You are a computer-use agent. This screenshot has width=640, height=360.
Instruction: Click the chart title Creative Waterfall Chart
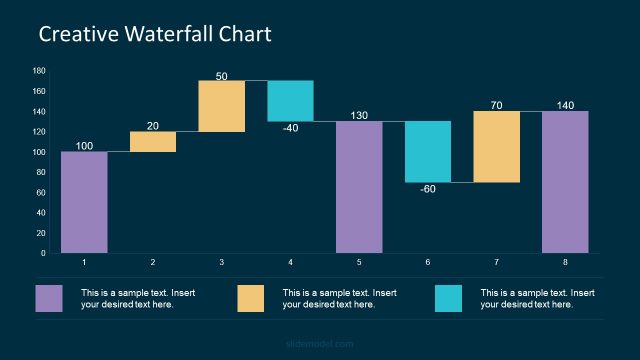point(154,34)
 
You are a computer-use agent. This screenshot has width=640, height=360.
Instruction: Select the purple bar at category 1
point(84,202)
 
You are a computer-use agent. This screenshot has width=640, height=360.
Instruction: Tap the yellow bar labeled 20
point(153,142)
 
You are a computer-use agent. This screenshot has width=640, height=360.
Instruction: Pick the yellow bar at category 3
point(221,106)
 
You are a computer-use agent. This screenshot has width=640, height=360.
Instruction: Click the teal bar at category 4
point(290,101)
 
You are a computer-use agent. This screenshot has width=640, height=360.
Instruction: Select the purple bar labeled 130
point(359,187)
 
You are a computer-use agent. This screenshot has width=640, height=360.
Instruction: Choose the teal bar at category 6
point(428,152)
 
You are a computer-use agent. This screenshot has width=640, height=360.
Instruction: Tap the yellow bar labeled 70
point(496,147)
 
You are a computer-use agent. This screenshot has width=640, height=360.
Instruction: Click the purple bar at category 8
point(565,182)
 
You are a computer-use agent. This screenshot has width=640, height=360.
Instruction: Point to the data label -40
point(290,128)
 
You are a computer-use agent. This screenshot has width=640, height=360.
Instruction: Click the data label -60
point(428,189)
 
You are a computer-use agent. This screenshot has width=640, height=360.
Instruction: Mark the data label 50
point(221,75)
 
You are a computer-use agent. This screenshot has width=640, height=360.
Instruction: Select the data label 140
point(565,104)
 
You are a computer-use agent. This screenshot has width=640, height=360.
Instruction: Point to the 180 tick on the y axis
point(39,71)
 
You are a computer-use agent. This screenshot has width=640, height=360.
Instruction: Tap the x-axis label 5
point(359,262)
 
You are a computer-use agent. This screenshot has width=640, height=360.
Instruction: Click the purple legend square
point(49,298)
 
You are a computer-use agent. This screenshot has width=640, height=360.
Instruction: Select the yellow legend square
point(251,298)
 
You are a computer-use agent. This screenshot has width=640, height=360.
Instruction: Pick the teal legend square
point(449,298)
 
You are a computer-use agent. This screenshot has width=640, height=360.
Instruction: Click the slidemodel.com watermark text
point(319,344)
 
